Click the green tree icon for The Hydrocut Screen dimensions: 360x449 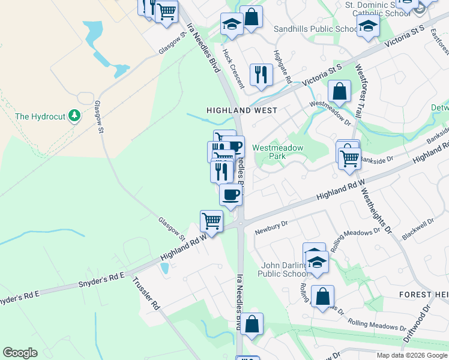(74, 115)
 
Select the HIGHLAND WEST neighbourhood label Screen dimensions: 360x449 (242, 110)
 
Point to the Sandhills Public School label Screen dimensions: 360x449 (315, 29)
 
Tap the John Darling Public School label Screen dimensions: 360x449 (283, 269)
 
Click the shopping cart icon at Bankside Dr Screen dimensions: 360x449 (349, 158)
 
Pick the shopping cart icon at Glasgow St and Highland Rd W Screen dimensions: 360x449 (211, 220)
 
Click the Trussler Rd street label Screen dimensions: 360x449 (146, 293)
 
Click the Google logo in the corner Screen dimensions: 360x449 (20, 353)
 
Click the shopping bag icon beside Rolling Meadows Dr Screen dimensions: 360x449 (322, 296)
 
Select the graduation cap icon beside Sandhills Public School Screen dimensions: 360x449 (368, 26)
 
